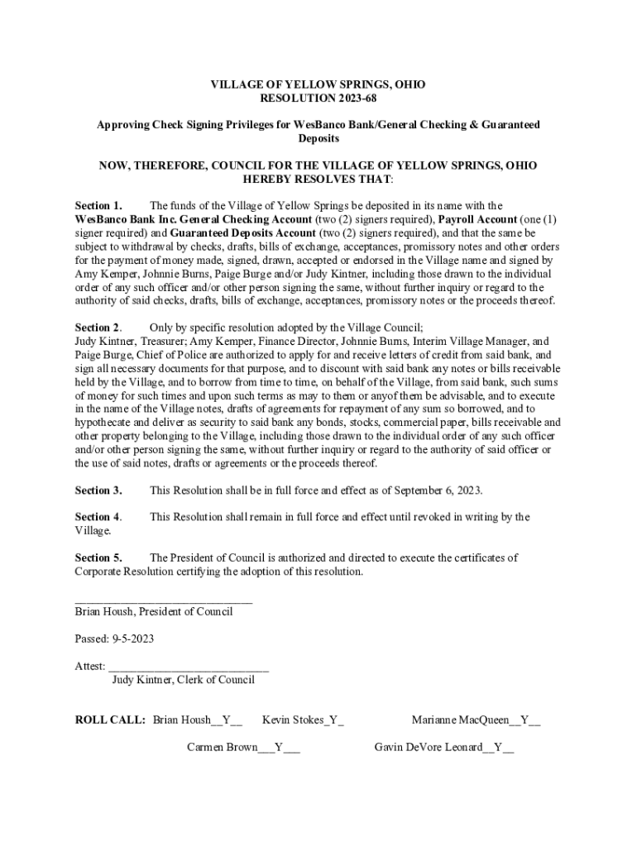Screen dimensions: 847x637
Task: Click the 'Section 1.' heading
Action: tap(98, 206)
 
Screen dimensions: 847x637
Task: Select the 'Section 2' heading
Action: tap(98, 328)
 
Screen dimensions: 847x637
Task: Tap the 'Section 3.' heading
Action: tap(98, 490)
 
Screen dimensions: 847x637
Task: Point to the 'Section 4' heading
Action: tap(98, 517)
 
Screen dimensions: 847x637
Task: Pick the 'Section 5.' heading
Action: tap(98, 557)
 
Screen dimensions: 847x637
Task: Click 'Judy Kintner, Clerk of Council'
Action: tap(183, 680)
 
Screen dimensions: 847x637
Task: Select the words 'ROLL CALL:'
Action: tap(110, 720)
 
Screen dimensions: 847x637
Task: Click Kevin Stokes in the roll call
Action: tap(292, 720)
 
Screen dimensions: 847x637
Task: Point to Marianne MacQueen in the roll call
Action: tap(461, 720)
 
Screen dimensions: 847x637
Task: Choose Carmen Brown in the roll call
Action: tap(222, 747)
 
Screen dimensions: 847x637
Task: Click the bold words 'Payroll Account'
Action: tap(479, 219)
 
